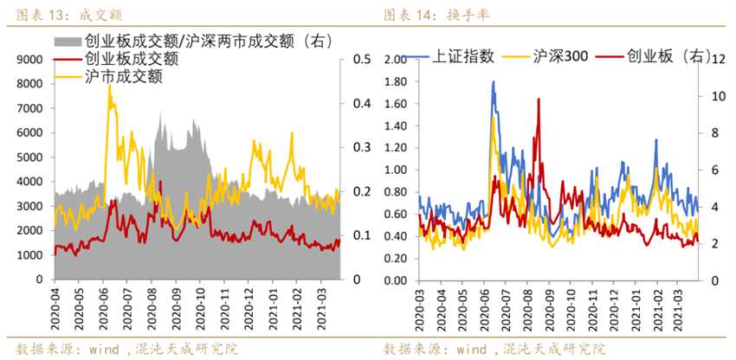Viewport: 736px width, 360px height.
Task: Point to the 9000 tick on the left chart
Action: pos(29,60)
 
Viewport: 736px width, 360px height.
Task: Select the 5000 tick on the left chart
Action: pos(29,157)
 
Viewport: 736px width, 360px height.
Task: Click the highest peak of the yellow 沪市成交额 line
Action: pos(109,87)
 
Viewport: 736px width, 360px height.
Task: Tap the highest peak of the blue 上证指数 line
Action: pos(493,82)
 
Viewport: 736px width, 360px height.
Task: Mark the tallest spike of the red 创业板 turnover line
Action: pos(538,100)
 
